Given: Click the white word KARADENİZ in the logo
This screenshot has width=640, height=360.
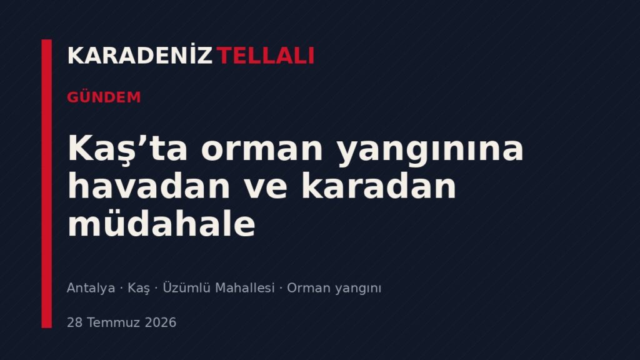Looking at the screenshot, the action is coord(140,55).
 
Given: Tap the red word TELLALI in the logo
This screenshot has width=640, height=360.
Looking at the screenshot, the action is coord(265,56).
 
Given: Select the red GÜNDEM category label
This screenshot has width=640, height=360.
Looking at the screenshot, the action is coord(104,97).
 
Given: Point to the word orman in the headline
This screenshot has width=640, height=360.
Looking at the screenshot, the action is coord(262,150).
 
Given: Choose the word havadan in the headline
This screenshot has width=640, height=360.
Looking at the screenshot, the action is coord(149,185).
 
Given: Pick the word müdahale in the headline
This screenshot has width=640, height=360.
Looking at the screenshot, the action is coord(162,223).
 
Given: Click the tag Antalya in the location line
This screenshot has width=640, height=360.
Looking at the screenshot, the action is coord(91,288).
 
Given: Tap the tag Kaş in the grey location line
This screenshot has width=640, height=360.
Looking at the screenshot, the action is coord(139,288).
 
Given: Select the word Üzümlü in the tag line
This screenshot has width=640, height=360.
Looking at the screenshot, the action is coord(186,287).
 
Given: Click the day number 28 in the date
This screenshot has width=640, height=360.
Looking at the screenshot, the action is coord(75,322).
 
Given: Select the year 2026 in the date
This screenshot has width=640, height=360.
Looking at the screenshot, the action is coord(161,322).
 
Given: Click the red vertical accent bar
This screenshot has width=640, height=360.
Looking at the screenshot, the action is coord(47,184).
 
